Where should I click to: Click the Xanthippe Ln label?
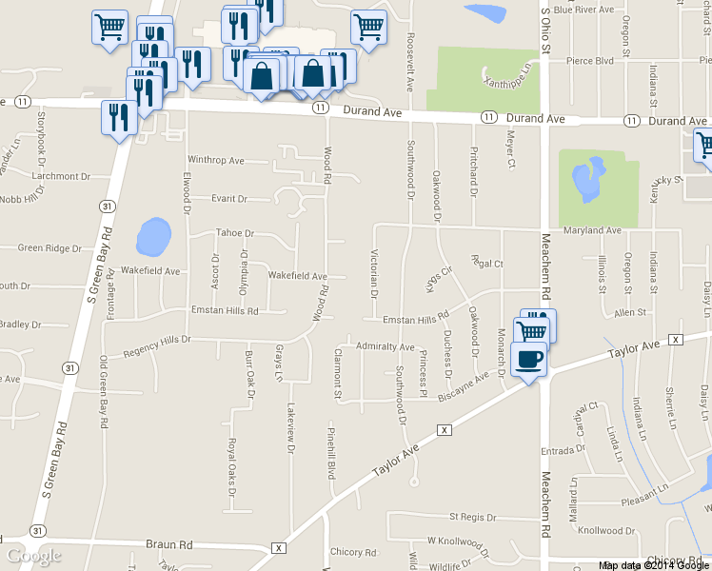pos(508,73)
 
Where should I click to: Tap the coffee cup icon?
pos(528,360)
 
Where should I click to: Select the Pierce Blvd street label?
pos(590,60)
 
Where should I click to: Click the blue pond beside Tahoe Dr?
pos(153,237)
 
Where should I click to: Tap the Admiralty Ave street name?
pos(385,347)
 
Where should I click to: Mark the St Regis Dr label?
pos(472,516)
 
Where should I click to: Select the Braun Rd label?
pos(169,544)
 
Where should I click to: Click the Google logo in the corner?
pos(34,555)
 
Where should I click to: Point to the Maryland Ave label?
pos(591,230)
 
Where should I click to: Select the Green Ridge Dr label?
pos(50,248)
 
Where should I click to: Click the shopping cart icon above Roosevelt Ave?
pos(368,27)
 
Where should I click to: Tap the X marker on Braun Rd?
pos(278,548)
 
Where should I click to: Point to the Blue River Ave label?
pos(583,10)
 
